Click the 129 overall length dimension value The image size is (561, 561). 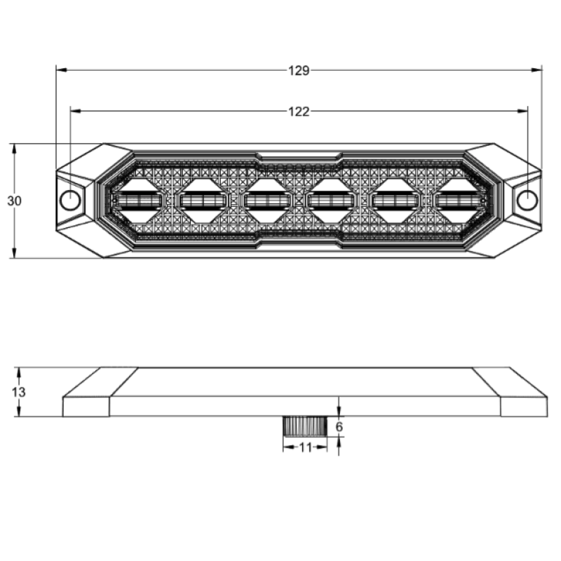(299, 71)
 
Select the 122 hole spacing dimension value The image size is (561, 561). (299, 111)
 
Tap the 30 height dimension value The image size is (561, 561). (14, 201)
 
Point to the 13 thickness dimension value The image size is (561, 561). (19, 392)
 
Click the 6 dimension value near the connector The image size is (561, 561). (339, 427)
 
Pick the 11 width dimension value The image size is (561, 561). (305, 447)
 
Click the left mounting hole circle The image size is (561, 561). (70, 201)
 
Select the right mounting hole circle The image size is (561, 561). (527, 201)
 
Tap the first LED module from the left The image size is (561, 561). (137, 201)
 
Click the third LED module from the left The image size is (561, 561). (267, 201)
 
